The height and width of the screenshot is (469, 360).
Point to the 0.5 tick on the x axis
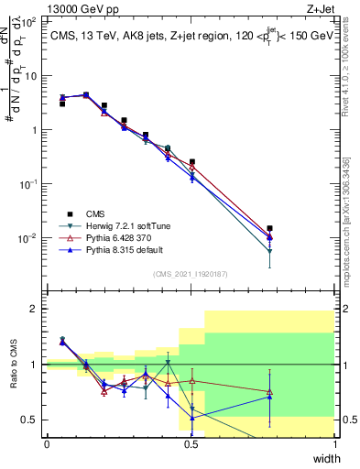pos(191,444)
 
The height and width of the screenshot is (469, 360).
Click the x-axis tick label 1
pos(336,444)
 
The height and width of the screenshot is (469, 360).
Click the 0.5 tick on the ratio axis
pos(30,420)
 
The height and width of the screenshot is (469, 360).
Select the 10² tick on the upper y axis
pos(29,21)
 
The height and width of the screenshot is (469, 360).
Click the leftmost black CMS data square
pos(62,104)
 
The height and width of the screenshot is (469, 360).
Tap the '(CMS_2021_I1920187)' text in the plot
pos(191,274)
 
